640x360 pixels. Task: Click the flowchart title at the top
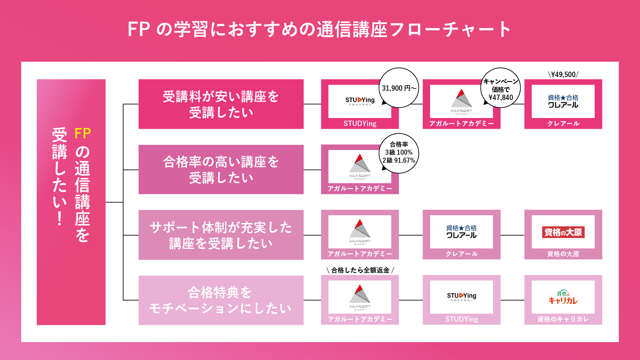pyautogui.click(x=319, y=29)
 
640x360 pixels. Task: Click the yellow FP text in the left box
pyautogui.click(x=83, y=134)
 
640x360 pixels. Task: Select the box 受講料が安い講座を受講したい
pyautogui.click(x=221, y=104)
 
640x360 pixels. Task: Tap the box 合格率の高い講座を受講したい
pyautogui.click(x=221, y=169)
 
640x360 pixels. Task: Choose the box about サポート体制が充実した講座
pyautogui.click(x=221, y=235)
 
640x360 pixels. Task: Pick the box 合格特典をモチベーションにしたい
pyautogui.click(x=221, y=300)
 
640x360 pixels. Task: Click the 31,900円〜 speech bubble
pyautogui.click(x=399, y=88)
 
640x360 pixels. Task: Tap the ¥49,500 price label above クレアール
pyautogui.click(x=563, y=74)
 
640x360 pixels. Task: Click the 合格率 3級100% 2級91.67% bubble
pyautogui.click(x=399, y=153)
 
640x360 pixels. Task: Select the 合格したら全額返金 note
pyautogui.click(x=360, y=270)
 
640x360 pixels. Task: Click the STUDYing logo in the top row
pyautogui.click(x=360, y=101)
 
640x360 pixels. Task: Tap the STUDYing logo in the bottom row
pyautogui.click(x=461, y=296)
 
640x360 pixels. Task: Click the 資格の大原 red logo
pyautogui.click(x=563, y=232)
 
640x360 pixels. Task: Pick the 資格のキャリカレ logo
pyautogui.click(x=563, y=297)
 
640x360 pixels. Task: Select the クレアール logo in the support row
pyautogui.click(x=461, y=232)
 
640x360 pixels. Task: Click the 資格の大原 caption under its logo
pyautogui.click(x=563, y=254)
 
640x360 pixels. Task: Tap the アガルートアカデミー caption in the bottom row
pyautogui.click(x=360, y=319)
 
